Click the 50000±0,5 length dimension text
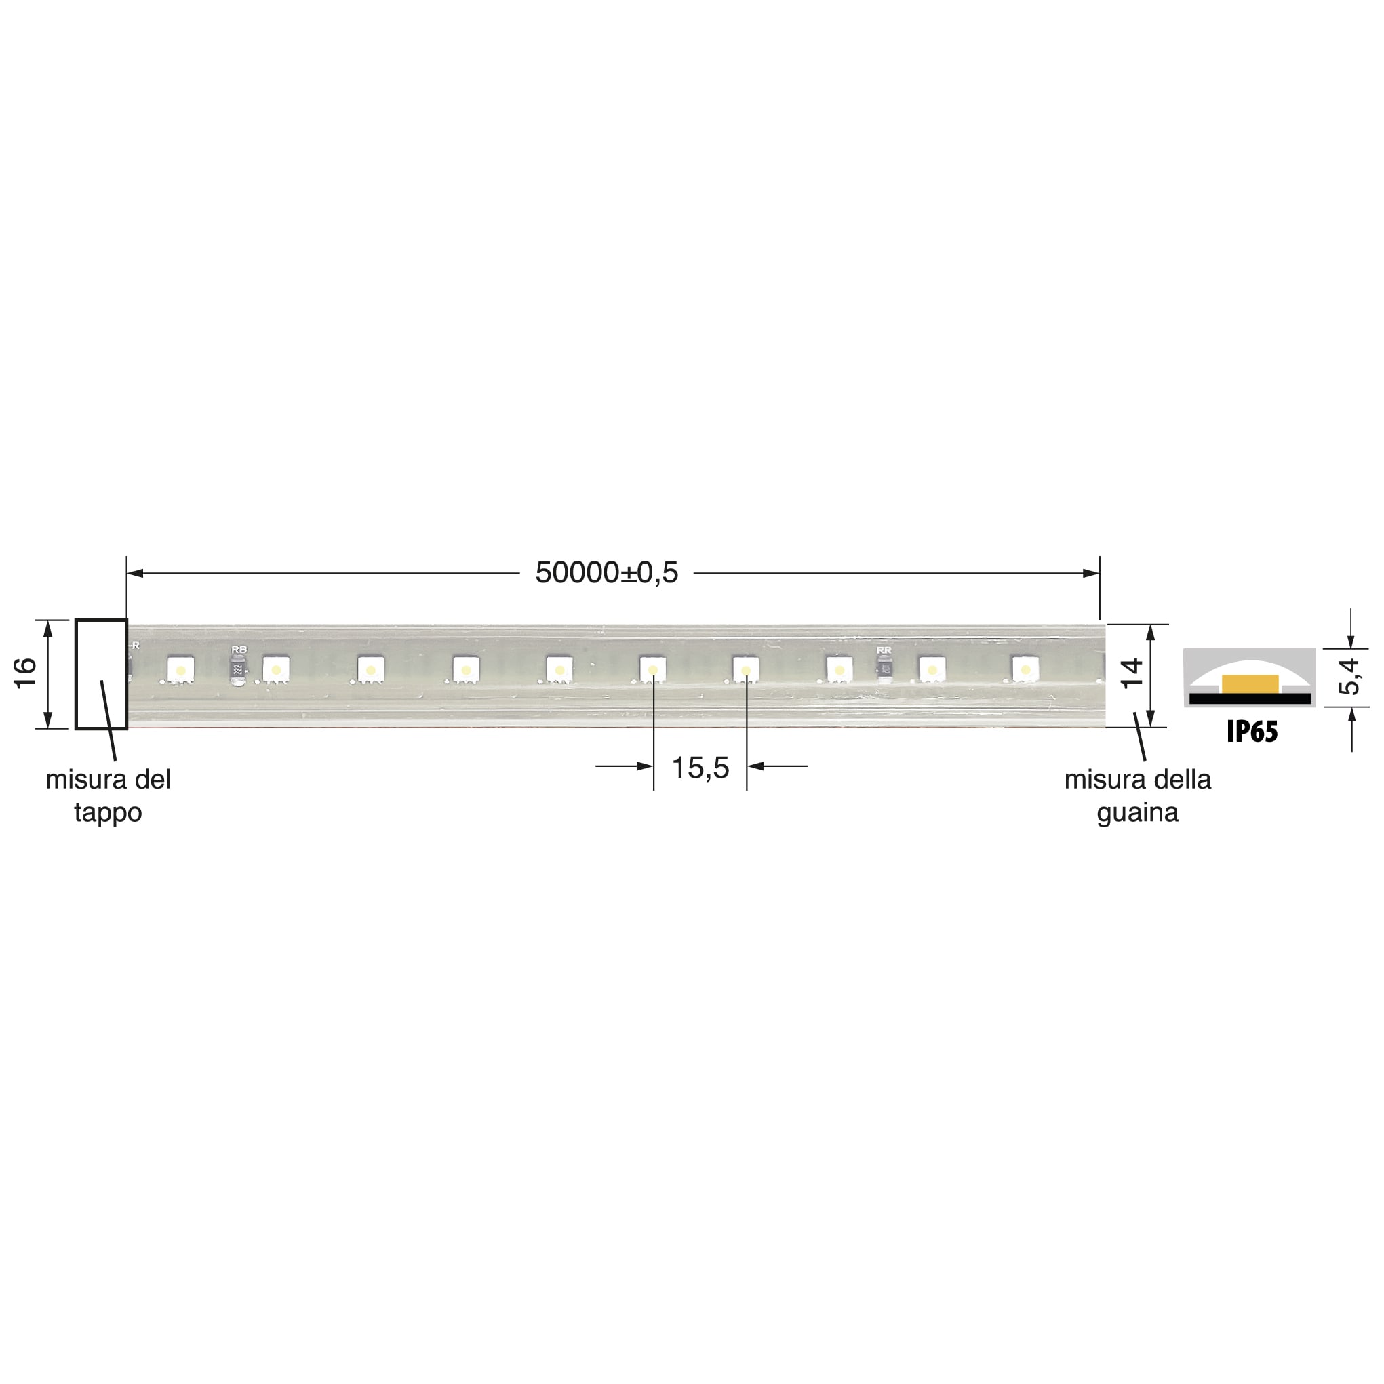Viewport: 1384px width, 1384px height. (x=606, y=573)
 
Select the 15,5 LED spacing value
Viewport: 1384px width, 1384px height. (x=700, y=768)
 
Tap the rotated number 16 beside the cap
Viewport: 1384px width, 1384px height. (x=26, y=673)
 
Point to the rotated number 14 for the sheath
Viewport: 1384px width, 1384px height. (x=1131, y=674)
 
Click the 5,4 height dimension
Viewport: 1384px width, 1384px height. (x=1349, y=676)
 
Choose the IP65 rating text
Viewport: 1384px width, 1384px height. (x=1252, y=732)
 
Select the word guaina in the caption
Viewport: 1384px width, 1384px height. (x=1137, y=812)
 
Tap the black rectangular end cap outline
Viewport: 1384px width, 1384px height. (x=101, y=673)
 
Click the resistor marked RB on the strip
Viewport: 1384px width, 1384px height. (x=239, y=670)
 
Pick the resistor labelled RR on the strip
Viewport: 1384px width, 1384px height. (x=885, y=669)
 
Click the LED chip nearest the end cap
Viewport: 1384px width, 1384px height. (x=180, y=670)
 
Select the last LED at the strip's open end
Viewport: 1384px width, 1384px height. (x=1025, y=669)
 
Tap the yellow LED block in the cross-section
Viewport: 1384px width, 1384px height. (x=1250, y=684)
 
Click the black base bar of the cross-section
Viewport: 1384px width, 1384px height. (x=1250, y=698)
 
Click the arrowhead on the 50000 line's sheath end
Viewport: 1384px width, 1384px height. (x=1090, y=573)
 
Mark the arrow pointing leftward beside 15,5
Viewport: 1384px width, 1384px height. (x=757, y=766)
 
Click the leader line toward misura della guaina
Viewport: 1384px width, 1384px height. (x=1140, y=738)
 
